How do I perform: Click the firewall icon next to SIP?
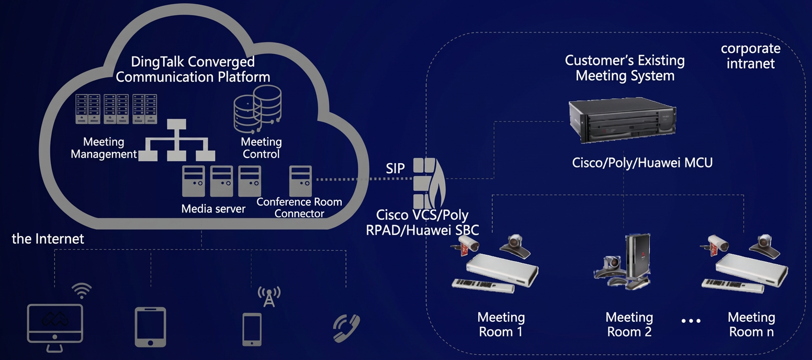(430, 184)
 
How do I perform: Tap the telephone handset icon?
(346, 328)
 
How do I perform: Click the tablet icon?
(151, 327)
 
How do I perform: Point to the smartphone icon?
(252, 330)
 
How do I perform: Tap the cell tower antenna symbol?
(269, 297)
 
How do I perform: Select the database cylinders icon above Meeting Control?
(257, 109)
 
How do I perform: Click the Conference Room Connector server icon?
(300, 181)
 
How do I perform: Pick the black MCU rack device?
(622, 120)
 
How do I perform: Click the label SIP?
(395, 168)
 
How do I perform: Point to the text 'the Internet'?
(48, 239)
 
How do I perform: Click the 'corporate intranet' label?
(750, 56)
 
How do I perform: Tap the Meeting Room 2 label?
(629, 324)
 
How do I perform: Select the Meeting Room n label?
(751, 324)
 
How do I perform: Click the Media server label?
(213, 209)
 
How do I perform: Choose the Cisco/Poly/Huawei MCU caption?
(642, 163)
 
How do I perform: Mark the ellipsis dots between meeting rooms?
(691, 321)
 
